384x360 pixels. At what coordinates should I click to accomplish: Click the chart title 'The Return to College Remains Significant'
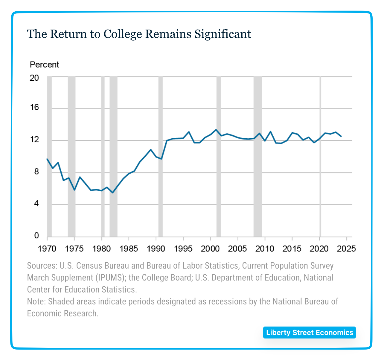[x=139, y=34]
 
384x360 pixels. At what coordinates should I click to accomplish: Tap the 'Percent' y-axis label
[x=44, y=65]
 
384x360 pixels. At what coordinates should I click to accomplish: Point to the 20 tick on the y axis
[x=34, y=78]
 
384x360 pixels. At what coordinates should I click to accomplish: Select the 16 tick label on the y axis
[x=34, y=108]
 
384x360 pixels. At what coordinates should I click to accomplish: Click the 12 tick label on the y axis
[x=34, y=140]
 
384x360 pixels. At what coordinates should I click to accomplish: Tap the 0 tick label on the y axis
[x=36, y=236]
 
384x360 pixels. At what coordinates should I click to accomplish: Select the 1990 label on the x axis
[x=156, y=249]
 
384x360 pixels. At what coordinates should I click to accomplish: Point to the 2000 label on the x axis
[x=211, y=249]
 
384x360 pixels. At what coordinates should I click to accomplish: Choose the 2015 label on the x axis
[x=292, y=249]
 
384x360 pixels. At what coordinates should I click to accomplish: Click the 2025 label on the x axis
[x=346, y=249]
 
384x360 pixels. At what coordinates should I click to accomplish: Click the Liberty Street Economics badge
[x=310, y=333]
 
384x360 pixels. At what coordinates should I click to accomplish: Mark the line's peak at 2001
[x=216, y=130]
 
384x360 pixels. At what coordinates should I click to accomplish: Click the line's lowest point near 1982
[x=112, y=193]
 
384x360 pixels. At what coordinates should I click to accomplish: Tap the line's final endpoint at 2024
[x=341, y=136]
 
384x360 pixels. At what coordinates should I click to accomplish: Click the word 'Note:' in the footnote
[x=36, y=301]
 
